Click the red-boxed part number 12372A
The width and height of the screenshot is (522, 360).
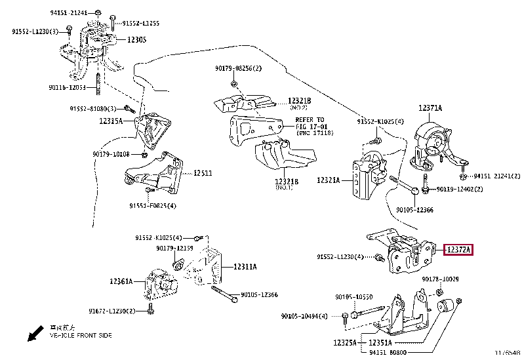click(459, 249)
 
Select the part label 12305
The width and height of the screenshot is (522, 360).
click(136, 39)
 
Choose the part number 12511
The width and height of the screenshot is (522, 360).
click(202, 173)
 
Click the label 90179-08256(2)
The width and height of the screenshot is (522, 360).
click(237, 68)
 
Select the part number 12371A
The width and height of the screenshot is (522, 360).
click(430, 108)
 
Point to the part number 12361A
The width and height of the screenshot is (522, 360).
click(121, 281)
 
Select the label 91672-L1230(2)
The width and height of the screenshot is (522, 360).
click(111, 311)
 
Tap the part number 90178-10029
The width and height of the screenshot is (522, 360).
click(441, 279)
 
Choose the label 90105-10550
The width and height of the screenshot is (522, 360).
click(354, 297)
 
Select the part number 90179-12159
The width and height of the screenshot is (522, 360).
click(174, 248)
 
